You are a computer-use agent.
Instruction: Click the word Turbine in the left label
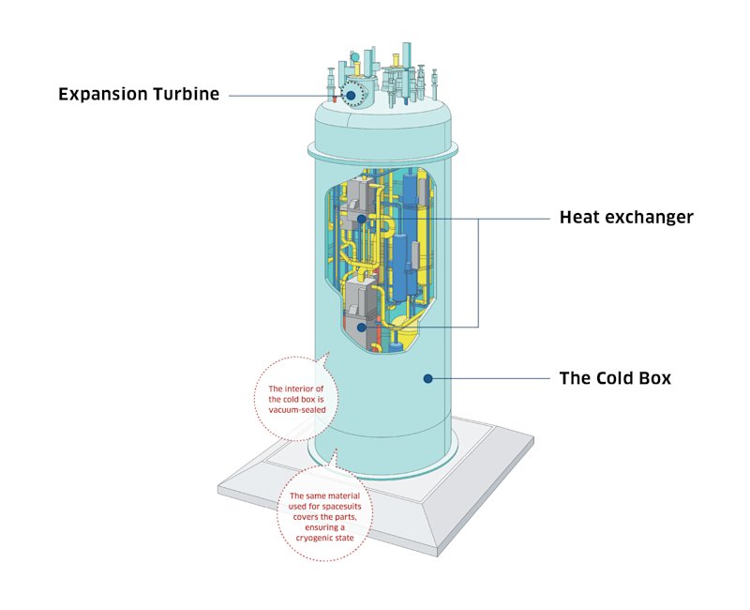click(187, 95)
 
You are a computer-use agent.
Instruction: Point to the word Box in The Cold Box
click(653, 379)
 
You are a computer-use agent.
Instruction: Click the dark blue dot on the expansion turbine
click(352, 95)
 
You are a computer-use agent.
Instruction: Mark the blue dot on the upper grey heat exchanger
click(362, 219)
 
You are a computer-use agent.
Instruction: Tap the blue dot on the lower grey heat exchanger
click(363, 327)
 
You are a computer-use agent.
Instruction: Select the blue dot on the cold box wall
click(427, 379)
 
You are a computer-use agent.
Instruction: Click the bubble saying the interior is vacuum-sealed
click(295, 396)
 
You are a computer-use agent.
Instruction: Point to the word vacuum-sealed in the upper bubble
click(295, 411)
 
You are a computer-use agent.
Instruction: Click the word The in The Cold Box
click(574, 379)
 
